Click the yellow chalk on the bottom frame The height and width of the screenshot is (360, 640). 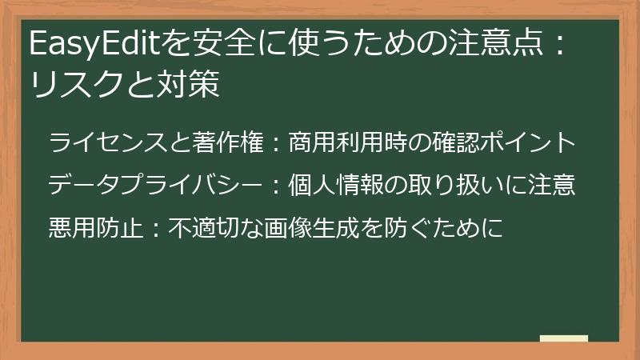(x=563, y=339)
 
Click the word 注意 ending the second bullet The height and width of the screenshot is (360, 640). (x=554, y=186)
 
